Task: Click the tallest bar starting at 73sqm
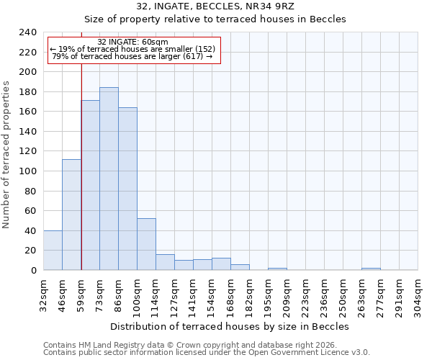(x=109, y=179)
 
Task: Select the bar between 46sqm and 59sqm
(x=71, y=215)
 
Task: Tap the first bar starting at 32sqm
(x=53, y=251)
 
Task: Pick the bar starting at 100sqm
(x=146, y=244)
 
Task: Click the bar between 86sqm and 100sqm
(x=127, y=189)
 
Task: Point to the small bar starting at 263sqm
(x=371, y=269)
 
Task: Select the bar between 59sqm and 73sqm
(x=90, y=185)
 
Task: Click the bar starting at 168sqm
(x=240, y=267)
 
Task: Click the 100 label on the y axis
(x=27, y=171)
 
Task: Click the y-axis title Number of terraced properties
(x=6, y=154)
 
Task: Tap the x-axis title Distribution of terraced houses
(x=230, y=326)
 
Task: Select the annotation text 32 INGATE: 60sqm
(x=132, y=42)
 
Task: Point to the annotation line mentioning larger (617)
(x=132, y=56)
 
